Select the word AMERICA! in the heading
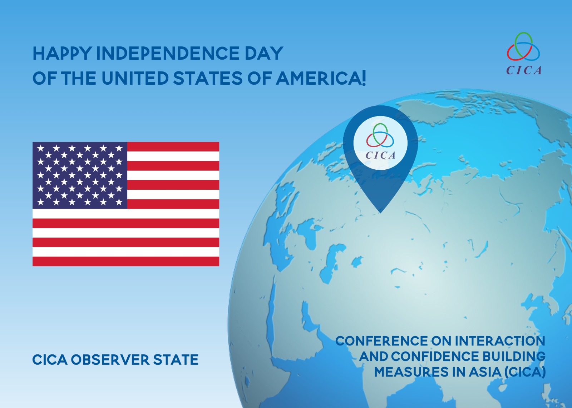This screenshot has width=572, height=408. [321, 78]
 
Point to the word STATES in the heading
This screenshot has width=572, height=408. [208, 78]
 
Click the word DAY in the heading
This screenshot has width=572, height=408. [262, 53]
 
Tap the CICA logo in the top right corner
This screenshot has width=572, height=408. [523, 53]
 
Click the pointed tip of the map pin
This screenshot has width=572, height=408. [380, 212]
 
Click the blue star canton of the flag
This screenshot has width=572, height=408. [80, 175]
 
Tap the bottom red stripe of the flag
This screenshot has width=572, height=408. [126, 261]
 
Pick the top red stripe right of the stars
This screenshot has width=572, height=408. [173, 147]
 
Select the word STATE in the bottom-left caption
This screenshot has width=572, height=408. [176, 359]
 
